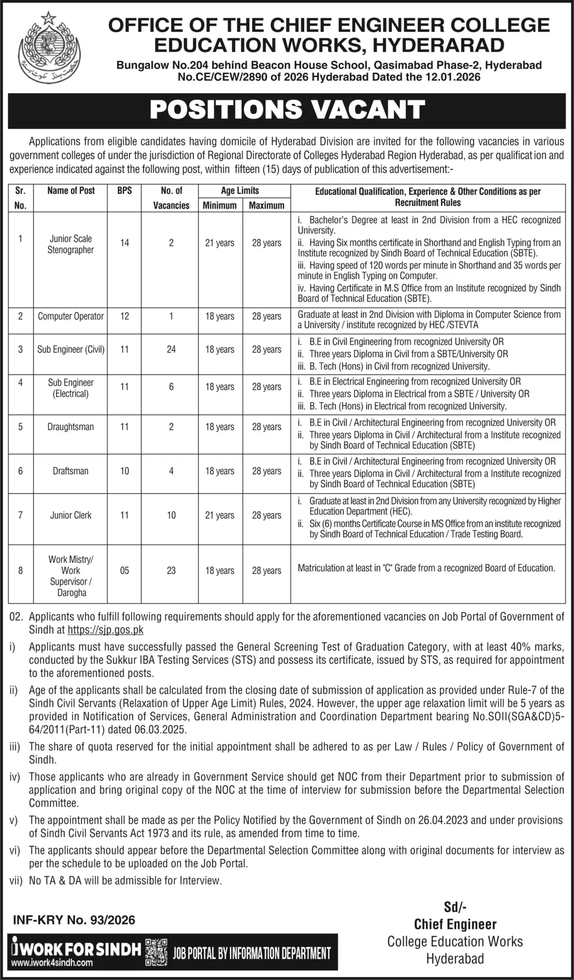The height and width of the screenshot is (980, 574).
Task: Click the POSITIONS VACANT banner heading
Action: (x=287, y=109)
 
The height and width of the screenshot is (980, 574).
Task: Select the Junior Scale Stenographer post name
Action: (x=71, y=244)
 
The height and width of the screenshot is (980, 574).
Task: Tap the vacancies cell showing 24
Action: (x=171, y=349)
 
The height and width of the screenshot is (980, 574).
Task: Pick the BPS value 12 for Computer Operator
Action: (x=124, y=316)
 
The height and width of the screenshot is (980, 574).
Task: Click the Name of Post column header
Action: (x=71, y=190)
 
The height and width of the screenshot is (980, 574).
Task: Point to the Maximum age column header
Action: (x=266, y=205)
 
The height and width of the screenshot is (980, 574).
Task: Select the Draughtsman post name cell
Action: (x=70, y=427)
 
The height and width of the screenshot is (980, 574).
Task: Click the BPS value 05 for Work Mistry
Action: (x=124, y=570)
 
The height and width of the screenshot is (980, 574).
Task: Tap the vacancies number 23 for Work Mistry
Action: (x=171, y=570)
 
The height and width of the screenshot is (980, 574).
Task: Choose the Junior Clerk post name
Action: (x=71, y=515)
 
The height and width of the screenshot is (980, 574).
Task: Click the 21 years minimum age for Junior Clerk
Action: (x=220, y=515)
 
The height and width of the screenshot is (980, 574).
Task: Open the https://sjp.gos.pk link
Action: (x=106, y=630)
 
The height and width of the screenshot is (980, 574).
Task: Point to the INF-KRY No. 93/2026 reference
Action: (x=74, y=920)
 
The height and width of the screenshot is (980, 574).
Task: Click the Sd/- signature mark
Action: (x=455, y=907)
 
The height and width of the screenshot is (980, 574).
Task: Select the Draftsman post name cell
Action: (x=70, y=471)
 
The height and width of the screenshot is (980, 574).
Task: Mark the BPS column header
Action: (x=124, y=190)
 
